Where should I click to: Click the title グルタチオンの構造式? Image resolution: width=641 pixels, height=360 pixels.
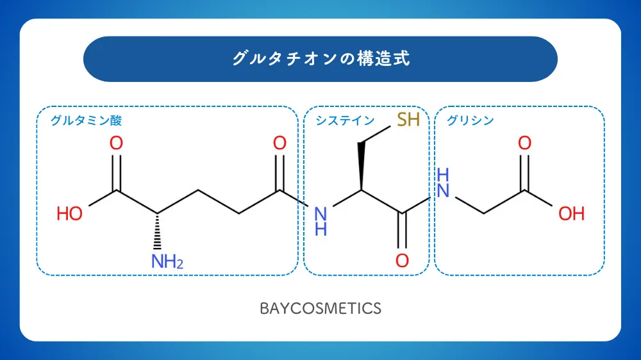click(x=321, y=58)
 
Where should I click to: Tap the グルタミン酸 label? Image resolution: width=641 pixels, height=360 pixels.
click(x=86, y=120)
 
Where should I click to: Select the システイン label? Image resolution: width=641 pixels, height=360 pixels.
click(x=345, y=120)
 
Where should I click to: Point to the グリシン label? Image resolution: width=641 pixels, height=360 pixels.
click(x=470, y=120)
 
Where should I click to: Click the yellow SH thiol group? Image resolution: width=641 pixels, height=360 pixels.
click(x=408, y=119)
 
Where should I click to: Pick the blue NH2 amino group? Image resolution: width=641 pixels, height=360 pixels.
click(x=167, y=261)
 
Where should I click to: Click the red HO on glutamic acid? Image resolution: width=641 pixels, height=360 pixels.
click(x=69, y=214)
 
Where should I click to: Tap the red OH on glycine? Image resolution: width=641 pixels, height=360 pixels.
click(x=572, y=214)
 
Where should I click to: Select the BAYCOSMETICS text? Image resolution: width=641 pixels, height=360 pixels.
click(x=320, y=309)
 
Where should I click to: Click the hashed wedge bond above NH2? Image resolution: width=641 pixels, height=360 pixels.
click(x=157, y=231)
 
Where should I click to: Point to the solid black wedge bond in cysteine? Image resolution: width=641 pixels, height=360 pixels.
click(x=362, y=167)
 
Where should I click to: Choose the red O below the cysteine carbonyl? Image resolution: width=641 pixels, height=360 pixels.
click(x=403, y=261)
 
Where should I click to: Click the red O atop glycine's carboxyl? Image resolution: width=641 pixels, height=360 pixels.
click(x=525, y=143)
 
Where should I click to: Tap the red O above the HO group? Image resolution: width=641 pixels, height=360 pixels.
click(x=116, y=143)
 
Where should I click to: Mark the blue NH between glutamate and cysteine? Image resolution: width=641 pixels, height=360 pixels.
click(x=320, y=221)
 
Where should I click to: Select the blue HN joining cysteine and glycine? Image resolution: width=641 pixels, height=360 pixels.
click(x=443, y=183)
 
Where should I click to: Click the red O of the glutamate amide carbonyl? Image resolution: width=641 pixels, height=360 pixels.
click(x=279, y=143)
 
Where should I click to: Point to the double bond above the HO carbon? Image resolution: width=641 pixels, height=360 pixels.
click(x=116, y=172)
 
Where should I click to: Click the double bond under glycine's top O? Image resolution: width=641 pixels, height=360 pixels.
click(x=525, y=172)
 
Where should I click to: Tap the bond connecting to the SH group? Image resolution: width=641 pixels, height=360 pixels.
click(x=376, y=135)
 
